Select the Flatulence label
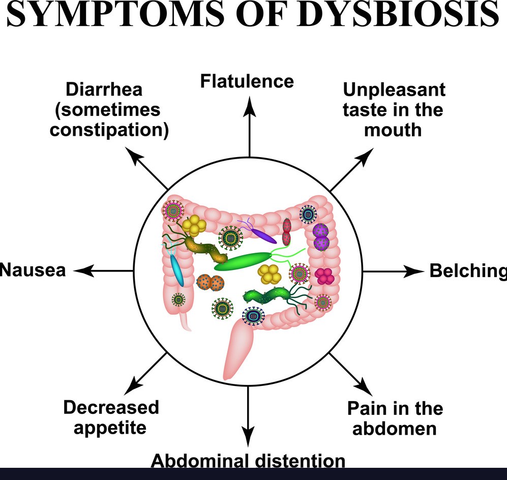tap(247, 81)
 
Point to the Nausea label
tap(34, 270)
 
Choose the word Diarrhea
tap(104, 90)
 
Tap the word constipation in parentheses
tap(109, 130)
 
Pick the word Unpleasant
tap(394, 90)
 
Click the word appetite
tap(110, 428)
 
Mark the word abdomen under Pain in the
tap(395, 428)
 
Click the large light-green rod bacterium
tap(243, 261)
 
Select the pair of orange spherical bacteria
tap(211, 282)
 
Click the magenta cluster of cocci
tap(324, 276)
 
